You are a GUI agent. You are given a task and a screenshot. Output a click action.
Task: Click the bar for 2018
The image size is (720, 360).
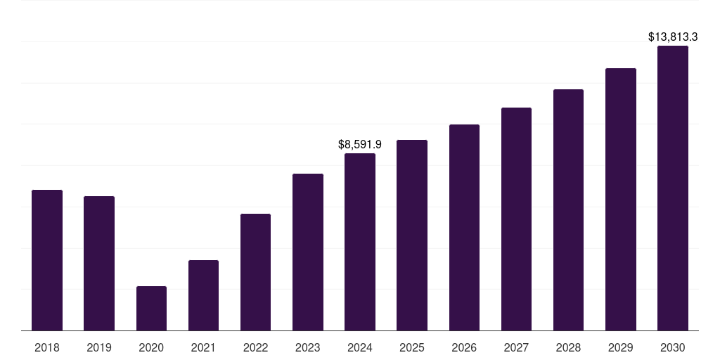pyautogui.click(x=47, y=260)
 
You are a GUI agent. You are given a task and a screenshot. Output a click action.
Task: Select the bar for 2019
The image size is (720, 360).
pyautogui.click(x=99, y=263)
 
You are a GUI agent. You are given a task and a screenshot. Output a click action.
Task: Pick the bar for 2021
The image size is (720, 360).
pyautogui.click(x=203, y=295)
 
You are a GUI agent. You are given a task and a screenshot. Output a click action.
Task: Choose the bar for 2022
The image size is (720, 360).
pyautogui.click(x=255, y=272)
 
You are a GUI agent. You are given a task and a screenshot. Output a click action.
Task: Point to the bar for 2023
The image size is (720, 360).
pyautogui.click(x=308, y=252)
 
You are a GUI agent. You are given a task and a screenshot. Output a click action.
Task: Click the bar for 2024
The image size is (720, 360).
pyautogui.click(x=360, y=242)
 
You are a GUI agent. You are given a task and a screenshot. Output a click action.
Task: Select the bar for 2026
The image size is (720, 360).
pyautogui.click(x=464, y=227)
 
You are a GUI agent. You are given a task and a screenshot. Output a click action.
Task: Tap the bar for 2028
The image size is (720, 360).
pyautogui.click(x=568, y=210)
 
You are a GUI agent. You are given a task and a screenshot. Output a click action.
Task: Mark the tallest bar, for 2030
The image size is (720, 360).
pyautogui.click(x=672, y=188)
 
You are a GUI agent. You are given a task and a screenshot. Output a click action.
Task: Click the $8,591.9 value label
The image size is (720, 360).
pyautogui.click(x=360, y=144)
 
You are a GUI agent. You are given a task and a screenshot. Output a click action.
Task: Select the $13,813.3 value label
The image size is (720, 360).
pyautogui.click(x=672, y=37)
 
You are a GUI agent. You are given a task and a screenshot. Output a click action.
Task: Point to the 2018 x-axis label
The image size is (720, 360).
pyautogui.click(x=47, y=347)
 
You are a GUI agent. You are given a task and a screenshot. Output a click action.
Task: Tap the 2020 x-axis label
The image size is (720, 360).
pyautogui.click(x=151, y=347)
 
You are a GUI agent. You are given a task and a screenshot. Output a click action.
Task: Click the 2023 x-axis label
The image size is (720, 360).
pyautogui.click(x=308, y=347)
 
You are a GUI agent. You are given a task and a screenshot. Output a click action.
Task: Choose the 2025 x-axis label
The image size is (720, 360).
pyautogui.click(x=412, y=347)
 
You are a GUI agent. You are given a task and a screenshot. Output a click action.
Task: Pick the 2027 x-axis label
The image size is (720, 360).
pyautogui.click(x=516, y=347)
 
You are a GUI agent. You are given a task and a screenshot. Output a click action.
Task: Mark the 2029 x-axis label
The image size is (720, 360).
pyautogui.click(x=620, y=347)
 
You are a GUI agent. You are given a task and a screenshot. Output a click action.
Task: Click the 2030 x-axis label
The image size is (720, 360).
pyautogui.click(x=672, y=347)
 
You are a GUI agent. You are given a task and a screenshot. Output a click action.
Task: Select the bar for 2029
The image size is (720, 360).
pyautogui.click(x=620, y=199)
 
